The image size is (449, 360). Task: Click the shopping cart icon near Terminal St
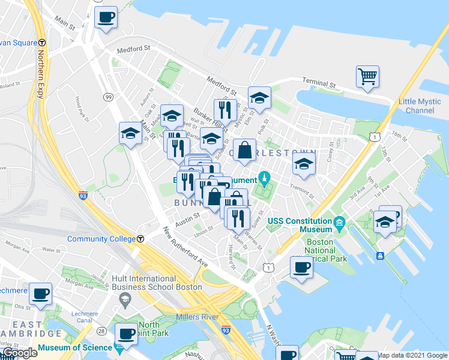pos(367,76)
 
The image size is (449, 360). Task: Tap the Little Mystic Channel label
pos(420,106)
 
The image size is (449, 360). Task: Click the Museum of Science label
pos(75,347)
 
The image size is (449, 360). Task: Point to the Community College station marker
pos(140,238)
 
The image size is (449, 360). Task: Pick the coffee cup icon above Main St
pos(106,17)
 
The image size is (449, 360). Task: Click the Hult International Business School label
pos(156,283)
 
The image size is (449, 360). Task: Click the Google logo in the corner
pos(19,353)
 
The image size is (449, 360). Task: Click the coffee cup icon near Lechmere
pos(40,294)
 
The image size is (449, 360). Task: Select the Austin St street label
pos(187,218)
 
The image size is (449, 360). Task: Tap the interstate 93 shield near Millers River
pos(225,329)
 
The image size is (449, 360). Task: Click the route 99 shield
pos(108,97)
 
